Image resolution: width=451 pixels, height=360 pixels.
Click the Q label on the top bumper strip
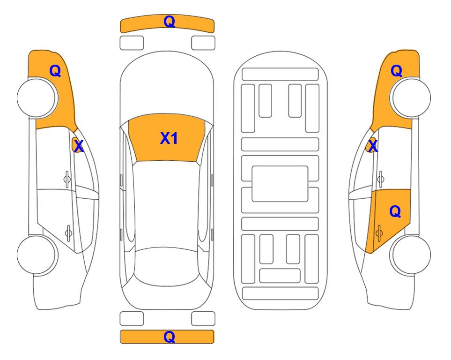(169, 22)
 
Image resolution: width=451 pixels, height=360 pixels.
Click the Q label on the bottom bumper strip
(169, 337)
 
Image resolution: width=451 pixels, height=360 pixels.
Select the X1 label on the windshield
(169, 138)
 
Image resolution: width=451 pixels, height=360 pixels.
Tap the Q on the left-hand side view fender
(55, 71)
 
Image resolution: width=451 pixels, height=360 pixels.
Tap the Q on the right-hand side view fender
(396, 71)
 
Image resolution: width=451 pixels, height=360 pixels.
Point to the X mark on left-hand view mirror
(79, 146)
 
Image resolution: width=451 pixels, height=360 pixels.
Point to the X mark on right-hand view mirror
(373, 146)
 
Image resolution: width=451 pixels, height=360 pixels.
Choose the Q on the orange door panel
(395, 212)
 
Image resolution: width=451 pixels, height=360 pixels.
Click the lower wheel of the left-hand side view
(37, 255)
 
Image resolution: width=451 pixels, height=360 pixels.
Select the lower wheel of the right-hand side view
(411, 255)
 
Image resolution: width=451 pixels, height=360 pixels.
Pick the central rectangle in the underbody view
(280, 183)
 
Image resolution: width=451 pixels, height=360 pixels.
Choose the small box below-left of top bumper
(132, 43)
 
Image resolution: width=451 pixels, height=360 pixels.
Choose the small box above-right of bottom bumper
(203, 319)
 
